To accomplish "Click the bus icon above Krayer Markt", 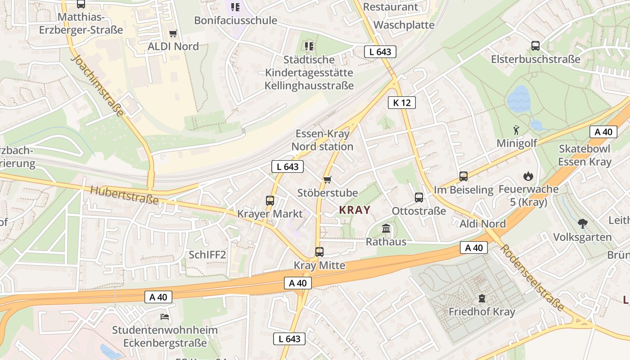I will pos(270,201).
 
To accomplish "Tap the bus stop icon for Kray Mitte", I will pos(319,252).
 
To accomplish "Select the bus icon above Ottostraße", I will pos(419,198).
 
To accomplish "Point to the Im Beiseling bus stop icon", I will pos(463,176).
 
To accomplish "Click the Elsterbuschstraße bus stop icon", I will pos(535,46).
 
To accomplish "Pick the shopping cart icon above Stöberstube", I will pos(327,180).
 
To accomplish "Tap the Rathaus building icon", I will pos(386,229).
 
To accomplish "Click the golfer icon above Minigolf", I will pos(516,130).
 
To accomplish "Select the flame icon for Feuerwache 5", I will pos(527,176).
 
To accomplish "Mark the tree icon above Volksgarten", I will pos(582,223).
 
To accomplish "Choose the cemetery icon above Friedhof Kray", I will pos(482,298).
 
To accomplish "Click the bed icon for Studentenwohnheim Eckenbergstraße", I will pos(165,317).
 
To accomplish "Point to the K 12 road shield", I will pos(401,103).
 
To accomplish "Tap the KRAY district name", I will pos(355,210).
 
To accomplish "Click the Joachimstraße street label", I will pos(97,85).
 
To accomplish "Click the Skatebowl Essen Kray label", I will pos(585,155).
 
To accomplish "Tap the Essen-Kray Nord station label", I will pos(322,140).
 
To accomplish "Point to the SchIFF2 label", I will pos(207,255).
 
